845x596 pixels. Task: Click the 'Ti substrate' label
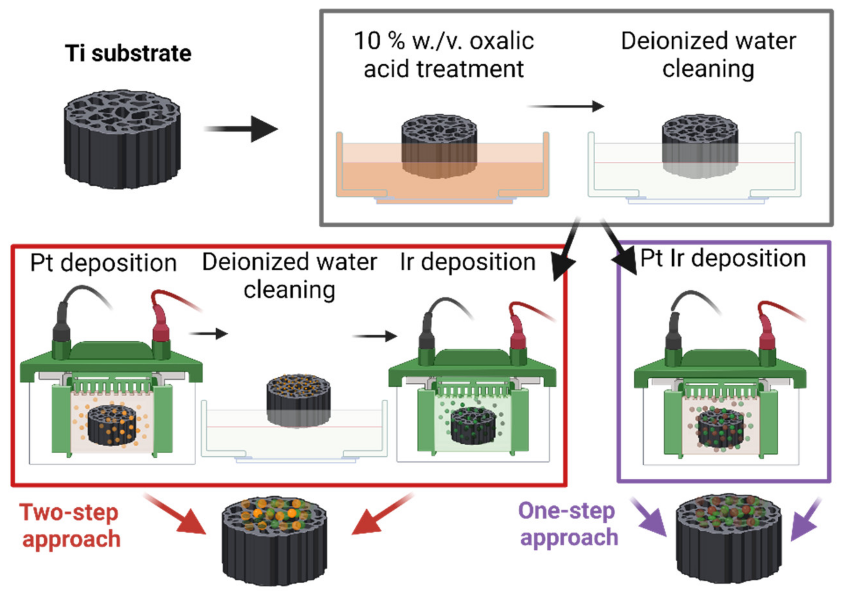pyautogui.click(x=128, y=54)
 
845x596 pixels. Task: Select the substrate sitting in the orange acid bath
pyautogui.click(x=439, y=147)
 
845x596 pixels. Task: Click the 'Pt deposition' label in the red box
pyautogui.click(x=103, y=263)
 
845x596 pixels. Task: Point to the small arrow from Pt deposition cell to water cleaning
pyautogui.click(x=208, y=334)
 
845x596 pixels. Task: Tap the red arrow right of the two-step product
pyautogui.click(x=381, y=515)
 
